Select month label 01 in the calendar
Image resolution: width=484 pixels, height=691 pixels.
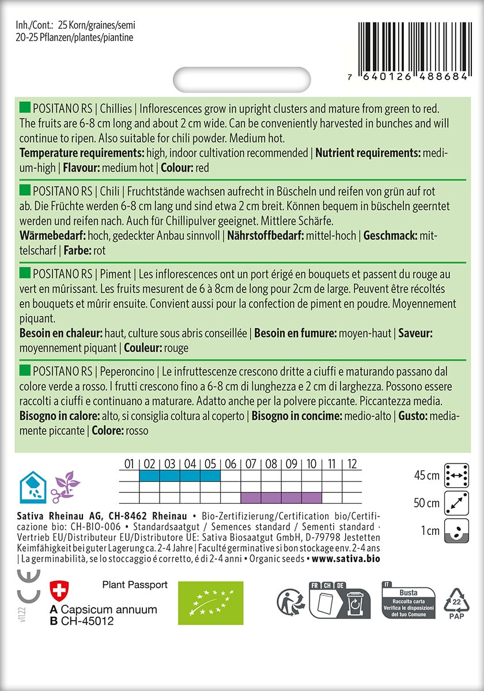pos(128,464)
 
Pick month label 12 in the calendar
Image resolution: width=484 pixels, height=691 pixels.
pos(352,464)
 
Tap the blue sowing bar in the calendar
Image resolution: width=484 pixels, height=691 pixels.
pos(179,476)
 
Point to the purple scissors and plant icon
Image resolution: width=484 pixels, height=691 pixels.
pos(66,487)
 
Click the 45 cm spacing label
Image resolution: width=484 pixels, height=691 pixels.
pos(426,476)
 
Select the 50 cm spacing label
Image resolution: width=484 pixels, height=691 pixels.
pos(426,503)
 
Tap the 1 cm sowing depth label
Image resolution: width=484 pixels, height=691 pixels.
pos(430,530)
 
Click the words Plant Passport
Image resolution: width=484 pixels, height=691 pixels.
pos(135,584)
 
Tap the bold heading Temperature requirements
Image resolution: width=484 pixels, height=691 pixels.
pos(81,153)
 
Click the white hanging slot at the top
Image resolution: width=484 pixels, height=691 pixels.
pos(242,78)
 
